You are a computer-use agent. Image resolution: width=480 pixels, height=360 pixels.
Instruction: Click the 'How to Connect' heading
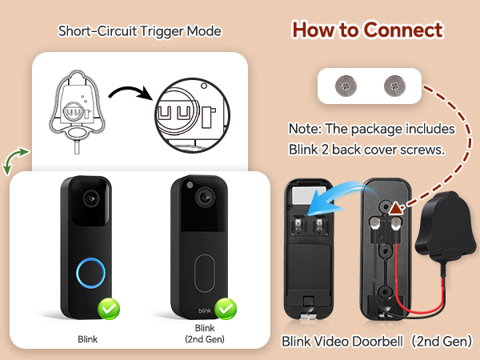click(x=366, y=30)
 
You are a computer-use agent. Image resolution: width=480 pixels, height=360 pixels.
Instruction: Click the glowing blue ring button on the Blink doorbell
click(x=86, y=271)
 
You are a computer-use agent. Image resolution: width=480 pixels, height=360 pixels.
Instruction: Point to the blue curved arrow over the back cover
click(x=334, y=196)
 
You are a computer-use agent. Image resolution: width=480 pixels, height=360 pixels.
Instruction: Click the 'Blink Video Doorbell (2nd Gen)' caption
click(x=376, y=342)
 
